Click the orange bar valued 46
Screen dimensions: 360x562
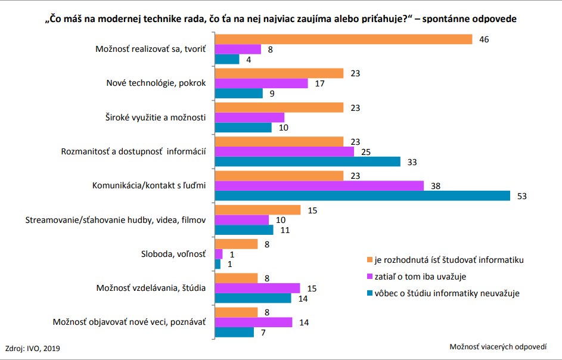pos(343,39)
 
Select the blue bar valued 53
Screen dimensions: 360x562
pos(362,196)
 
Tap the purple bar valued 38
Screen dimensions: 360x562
pos(319,186)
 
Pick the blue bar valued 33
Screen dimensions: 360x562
pos(308,162)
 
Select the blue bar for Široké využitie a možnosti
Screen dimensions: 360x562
pos(243,128)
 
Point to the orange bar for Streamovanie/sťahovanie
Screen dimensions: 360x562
pos(257,210)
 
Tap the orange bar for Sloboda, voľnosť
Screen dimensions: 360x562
pos(236,244)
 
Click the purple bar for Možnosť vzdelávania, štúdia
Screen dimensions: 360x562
pos(257,288)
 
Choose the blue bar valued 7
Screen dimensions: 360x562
pos(234,333)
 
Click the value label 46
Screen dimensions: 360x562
pos(484,39)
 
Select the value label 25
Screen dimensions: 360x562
pos(367,152)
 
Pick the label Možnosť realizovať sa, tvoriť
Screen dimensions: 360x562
pos(150,49)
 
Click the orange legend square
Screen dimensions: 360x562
pos(370,259)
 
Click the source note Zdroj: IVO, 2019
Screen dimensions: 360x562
pos(32,347)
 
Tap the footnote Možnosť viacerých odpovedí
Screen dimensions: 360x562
pos(498,347)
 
